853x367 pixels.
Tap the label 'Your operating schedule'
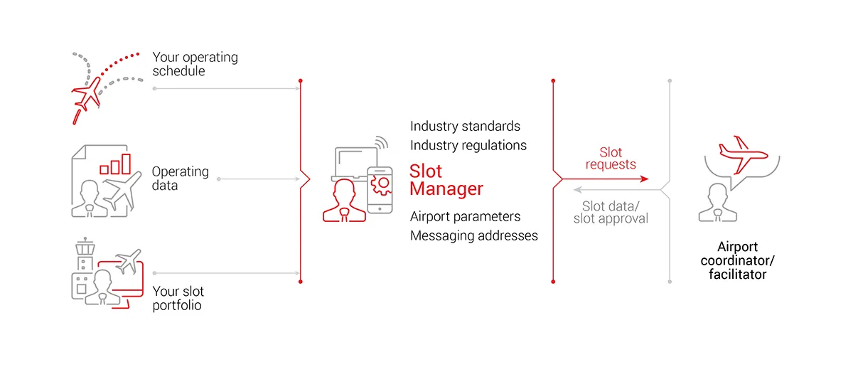195,64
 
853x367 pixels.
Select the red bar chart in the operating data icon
115,164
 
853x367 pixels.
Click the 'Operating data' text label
180,179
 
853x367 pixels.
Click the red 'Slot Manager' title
446,180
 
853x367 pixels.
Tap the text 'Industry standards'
465,126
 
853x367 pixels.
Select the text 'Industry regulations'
468,145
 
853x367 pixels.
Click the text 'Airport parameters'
465,216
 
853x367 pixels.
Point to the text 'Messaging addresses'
473,235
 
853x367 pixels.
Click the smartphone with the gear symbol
380,188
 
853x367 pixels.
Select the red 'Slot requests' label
611,159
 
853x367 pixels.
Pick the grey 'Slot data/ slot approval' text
611,213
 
